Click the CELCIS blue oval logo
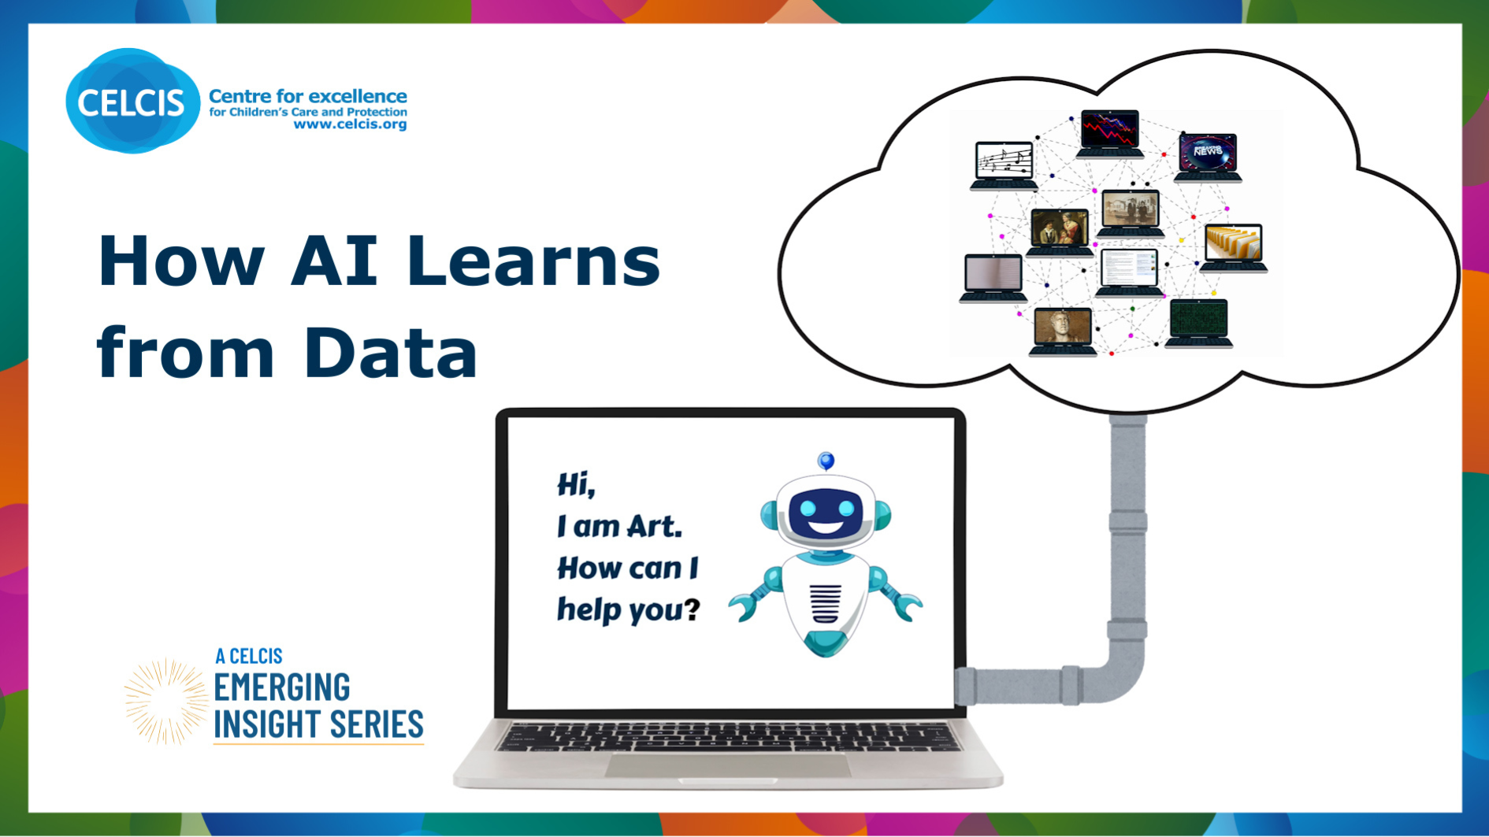click(x=132, y=102)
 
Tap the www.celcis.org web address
click(x=350, y=124)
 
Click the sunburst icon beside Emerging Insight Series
click(x=165, y=702)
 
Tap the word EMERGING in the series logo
click(x=282, y=687)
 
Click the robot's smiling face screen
click(x=825, y=512)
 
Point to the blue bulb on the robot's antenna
click(x=826, y=460)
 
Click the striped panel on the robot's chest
click(x=825, y=603)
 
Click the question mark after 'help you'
click(x=691, y=608)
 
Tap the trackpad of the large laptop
click(x=726, y=765)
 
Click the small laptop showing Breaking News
click(x=1208, y=155)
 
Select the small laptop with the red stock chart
click(x=1109, y=131)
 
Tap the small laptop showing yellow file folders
click(x=1234, y=246)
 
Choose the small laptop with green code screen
click(x=1198, y=321)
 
